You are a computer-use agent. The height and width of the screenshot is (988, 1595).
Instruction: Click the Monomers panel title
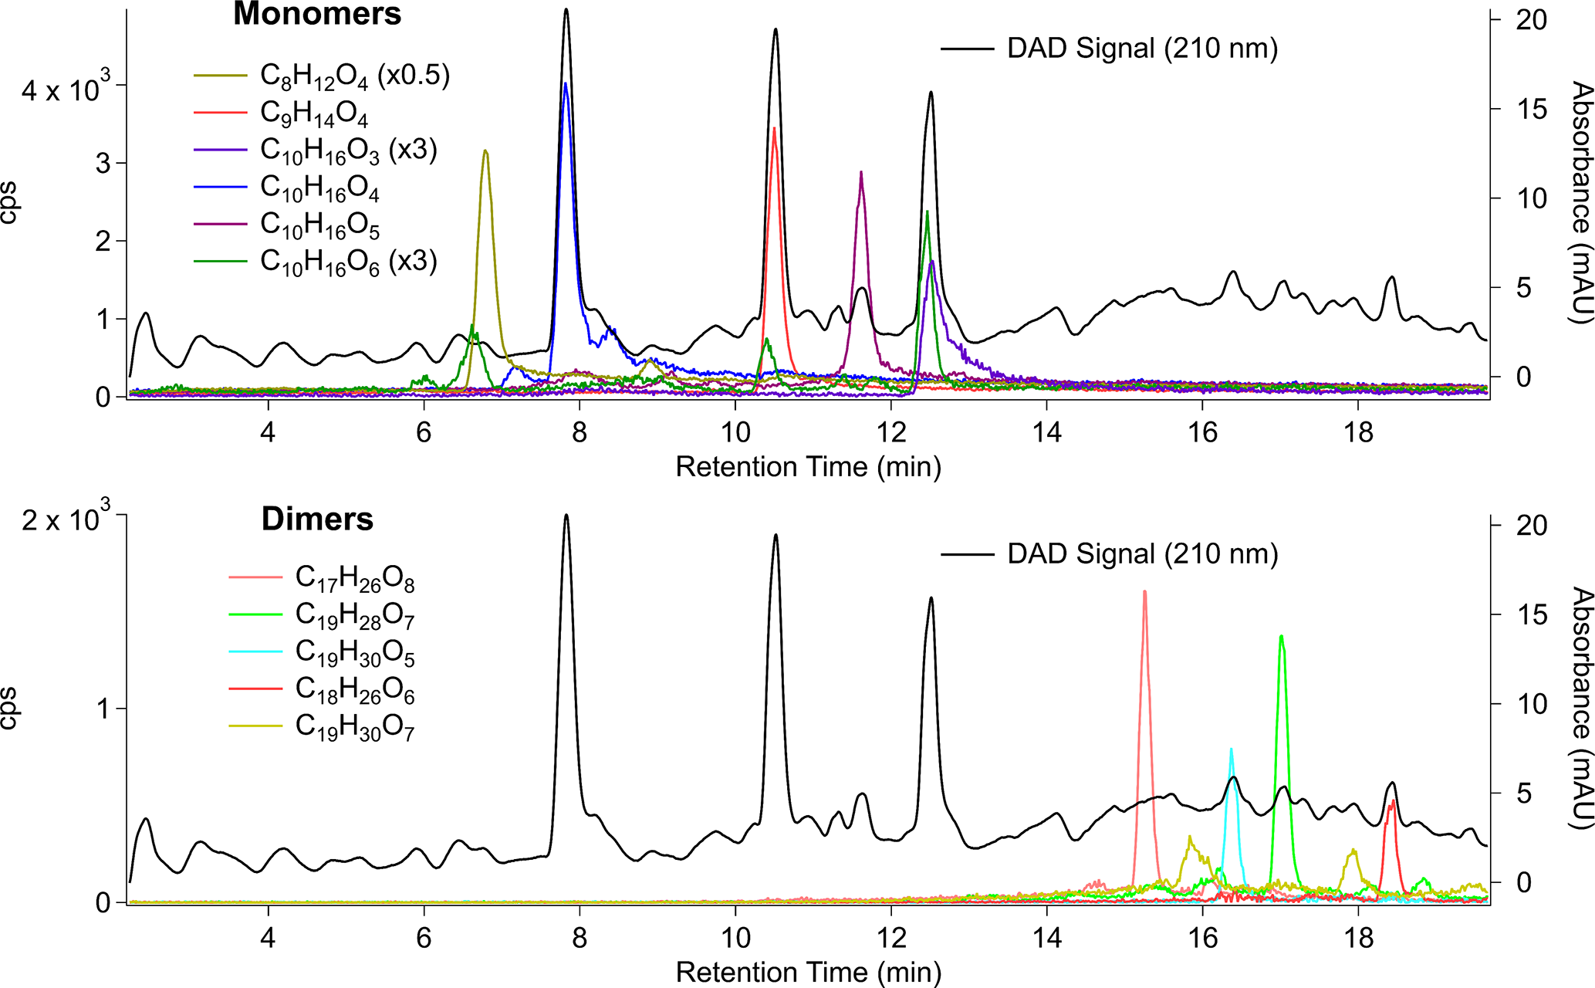tap(317, 15)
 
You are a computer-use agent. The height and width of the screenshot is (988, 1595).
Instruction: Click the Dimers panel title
tap(317, 519)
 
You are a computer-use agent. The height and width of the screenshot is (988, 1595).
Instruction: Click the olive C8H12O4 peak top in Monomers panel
tap(485, 151)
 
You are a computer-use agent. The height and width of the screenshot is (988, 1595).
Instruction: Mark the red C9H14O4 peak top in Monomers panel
tap(774, 129)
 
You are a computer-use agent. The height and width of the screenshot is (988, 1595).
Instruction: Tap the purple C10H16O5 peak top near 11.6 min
tap(860, 173)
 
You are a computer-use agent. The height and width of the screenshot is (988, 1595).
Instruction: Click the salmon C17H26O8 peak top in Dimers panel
tap(1144, 592)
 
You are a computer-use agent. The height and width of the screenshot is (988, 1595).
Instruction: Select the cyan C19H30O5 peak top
tap(1231, 749)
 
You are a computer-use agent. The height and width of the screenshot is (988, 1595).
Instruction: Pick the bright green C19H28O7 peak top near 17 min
tap(1281, 637)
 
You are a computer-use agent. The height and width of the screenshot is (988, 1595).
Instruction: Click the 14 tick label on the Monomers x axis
tap(1047, 432)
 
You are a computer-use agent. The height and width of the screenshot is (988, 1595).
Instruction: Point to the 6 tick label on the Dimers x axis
tap(424, 938)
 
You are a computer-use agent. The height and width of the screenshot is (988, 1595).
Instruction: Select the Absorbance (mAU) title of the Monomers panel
tap(1581, 203)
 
